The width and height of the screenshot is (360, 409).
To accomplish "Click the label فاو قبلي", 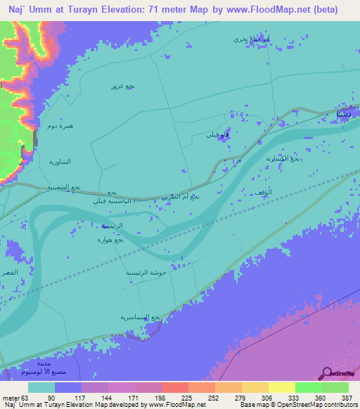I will tap(214, 134).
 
